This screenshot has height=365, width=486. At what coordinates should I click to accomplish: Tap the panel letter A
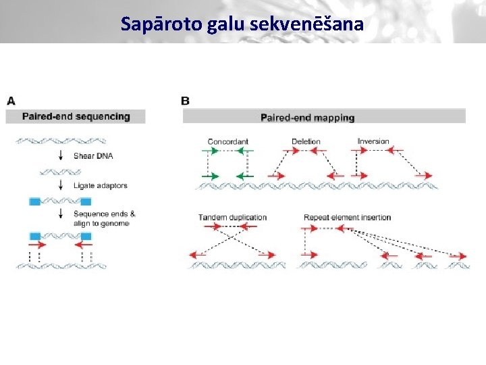11,101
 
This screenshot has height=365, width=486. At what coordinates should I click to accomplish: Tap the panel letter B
185,101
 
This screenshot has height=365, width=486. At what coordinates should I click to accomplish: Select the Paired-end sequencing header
76,116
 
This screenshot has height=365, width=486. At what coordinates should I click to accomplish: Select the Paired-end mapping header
307,118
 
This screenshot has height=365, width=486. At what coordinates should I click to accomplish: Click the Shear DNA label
93,155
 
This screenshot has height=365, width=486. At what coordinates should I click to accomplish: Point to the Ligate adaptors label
100,185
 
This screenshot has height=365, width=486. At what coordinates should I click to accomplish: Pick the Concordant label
228,142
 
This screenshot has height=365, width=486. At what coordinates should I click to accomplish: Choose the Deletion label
306,142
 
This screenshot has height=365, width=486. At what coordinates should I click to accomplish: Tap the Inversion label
373,142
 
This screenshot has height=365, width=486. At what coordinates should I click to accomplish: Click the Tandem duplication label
232,218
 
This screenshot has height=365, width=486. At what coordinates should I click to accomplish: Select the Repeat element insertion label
347,218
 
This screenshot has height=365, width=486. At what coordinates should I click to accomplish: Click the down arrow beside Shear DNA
61,155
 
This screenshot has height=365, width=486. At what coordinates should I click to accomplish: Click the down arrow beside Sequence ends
61,216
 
